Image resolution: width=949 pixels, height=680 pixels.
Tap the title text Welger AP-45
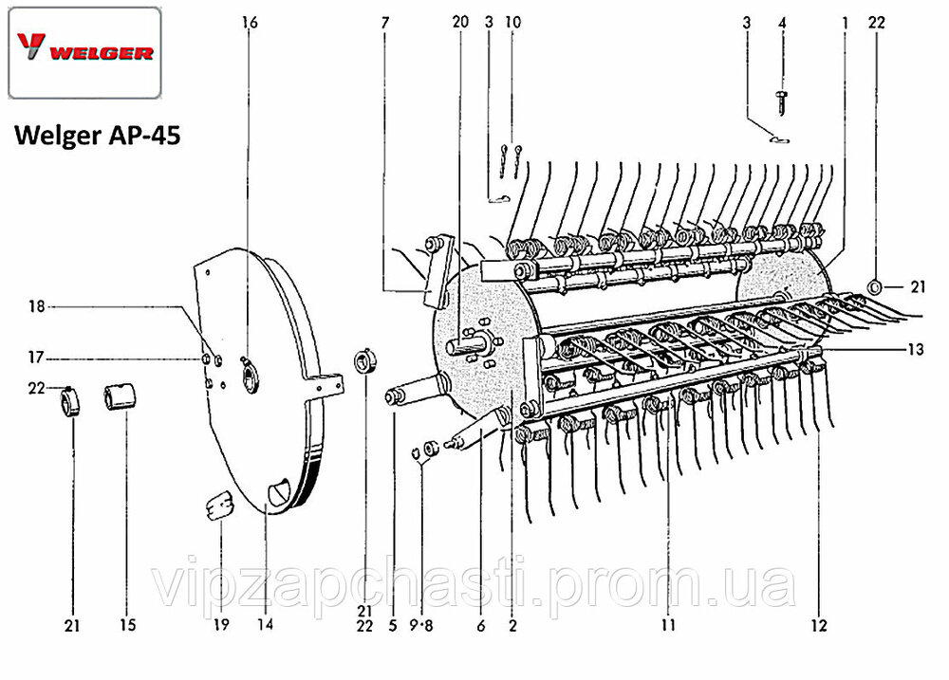[x=98, y=135]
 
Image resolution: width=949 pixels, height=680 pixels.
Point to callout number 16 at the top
[x=250, y=23]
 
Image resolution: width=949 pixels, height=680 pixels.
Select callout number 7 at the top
[x=385, y=23]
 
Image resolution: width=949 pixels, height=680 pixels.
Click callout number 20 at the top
[x=460, y=22]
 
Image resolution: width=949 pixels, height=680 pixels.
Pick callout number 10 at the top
[x=512, y=22]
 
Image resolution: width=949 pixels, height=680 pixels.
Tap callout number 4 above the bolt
[x=782, y=23]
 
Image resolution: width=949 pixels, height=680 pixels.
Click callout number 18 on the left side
[x=37, y=306]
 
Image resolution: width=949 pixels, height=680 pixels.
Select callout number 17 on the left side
[x=36, y=358]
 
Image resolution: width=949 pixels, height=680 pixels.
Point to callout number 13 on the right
[x=915, y=349]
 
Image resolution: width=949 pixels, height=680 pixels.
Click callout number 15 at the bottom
[x=128, y=624]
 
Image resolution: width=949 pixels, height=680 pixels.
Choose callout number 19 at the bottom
[x=221, y=624]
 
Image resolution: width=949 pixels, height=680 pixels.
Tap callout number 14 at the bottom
[x=265, y=624]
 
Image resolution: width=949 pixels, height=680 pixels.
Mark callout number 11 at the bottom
[x=667, y=624]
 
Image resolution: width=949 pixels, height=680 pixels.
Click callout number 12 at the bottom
[x=818, y=624]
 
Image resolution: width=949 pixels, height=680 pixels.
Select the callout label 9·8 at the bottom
[x=421, y=626]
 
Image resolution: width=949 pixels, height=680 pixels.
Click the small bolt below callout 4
[x=781, y=102]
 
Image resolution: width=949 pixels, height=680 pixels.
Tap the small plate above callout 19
[x=218, y=505]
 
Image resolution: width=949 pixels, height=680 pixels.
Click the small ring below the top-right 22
[x=874, y=286]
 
